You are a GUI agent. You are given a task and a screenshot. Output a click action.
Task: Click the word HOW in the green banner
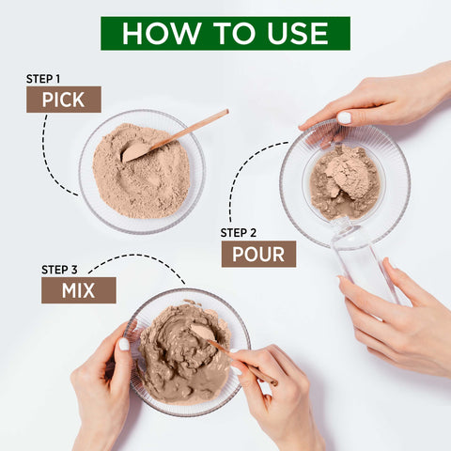click(x=160, y=33)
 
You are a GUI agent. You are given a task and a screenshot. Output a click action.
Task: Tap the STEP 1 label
click(x=44, y=79)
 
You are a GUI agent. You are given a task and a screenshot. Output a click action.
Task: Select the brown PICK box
click(x=64, y=100)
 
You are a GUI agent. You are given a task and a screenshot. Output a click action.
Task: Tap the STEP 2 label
click(x=239, y=232)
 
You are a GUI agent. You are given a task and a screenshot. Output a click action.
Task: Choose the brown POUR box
click(x=258, y=254)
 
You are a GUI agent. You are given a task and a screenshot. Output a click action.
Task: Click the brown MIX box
click(x=79, y=290)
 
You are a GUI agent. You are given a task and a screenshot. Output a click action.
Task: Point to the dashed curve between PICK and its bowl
click(x=49, y=160)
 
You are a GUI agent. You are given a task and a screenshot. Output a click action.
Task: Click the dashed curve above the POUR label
click(x=242, y=174)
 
